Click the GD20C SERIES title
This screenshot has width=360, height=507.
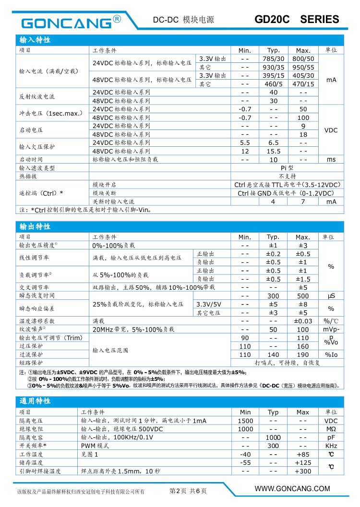pos(296,20)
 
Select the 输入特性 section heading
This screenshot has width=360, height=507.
pos(35,40)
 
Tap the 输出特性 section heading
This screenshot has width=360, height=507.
pos(35,226)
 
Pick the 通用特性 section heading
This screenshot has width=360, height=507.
pos(35,401)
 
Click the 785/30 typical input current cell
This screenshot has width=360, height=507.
pos(274,59)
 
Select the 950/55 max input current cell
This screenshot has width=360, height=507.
pos(303,67)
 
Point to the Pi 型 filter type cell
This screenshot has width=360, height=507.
pos(288,168)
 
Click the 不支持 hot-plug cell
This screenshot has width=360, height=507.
pos(288,176)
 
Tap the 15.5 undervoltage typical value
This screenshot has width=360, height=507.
pos(274,151)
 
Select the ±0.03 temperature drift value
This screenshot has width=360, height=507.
pos(303,321)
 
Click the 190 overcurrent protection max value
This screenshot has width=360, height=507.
pos(303,354)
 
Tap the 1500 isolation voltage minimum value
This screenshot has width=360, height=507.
pos(245,421)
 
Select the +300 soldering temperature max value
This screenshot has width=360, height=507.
pos(303,471)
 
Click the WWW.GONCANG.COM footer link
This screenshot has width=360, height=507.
pos(292,489)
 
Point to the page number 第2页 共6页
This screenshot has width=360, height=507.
pos(188,491)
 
